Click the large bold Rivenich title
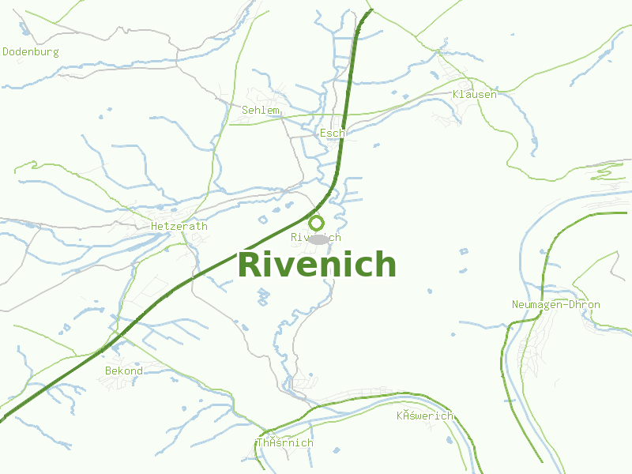(316, 265)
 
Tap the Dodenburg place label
(31, 52)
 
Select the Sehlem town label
(261, 111)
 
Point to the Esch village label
(332, 134)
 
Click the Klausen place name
(475, 95)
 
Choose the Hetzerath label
(179, 226)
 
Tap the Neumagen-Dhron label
(555, 305)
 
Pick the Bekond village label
(124, 371)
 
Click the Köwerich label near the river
(425, 416)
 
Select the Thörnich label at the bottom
(284, 443)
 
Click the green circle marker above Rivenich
(317, 223)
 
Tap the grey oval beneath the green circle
(318, 239)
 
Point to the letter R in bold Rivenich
(250, 265)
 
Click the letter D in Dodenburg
(6, 52)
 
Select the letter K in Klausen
(456, 95)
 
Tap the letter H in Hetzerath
(154, 226)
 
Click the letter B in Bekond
(108, 371)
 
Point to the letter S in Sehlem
(246, 111)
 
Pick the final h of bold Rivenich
(386, 265)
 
